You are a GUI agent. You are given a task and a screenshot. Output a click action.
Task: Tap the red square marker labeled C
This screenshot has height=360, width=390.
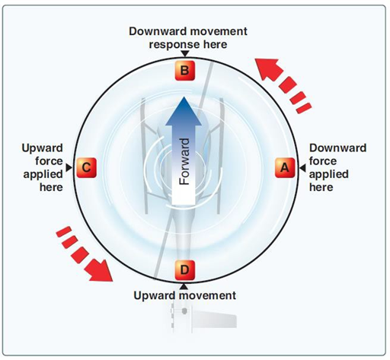87,167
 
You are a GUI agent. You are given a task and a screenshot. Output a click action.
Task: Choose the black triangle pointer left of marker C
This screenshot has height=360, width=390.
70,167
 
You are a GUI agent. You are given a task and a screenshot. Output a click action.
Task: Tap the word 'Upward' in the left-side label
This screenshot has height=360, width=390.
42,148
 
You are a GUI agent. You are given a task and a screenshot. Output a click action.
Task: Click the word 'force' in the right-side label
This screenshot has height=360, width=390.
324,161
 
